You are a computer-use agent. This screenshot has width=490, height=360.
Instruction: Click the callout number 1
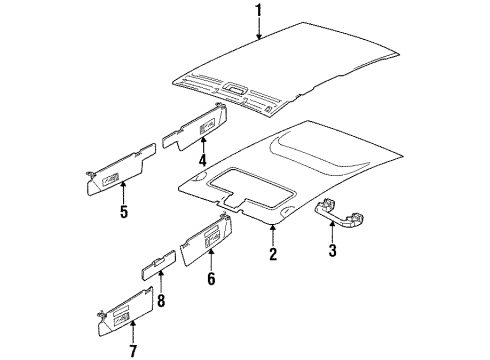(259, 12)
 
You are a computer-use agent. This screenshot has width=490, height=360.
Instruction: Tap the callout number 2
(273, 254)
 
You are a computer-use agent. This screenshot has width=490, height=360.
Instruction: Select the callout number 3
(332, 250)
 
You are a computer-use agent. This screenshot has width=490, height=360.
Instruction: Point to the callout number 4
(203, 159)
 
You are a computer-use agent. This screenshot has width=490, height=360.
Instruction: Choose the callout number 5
(124, 211)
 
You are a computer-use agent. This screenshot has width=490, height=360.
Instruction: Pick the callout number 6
(211, 279)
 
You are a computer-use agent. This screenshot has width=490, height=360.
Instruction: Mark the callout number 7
(133, 351)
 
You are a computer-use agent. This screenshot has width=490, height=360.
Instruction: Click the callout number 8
(161, 300)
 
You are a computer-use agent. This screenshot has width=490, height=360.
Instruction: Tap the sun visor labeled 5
(120, 170)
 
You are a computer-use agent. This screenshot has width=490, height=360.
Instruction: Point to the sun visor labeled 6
(207, 239)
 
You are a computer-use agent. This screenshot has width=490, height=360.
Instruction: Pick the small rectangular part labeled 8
(159, 265)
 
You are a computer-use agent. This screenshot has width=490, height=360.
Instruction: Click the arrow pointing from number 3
(332, 232)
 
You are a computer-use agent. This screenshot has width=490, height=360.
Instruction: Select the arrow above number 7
(133, 332)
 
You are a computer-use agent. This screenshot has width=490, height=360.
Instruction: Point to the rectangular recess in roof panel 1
(235, 88)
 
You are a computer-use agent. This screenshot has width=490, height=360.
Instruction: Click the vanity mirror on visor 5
(111, 179)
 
